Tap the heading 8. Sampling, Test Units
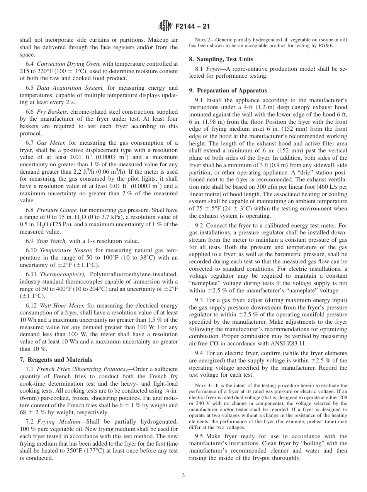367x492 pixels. [x=221, y=59]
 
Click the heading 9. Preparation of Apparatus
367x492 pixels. [x=228, y=91]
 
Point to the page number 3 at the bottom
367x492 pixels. [x=183, y=475]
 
